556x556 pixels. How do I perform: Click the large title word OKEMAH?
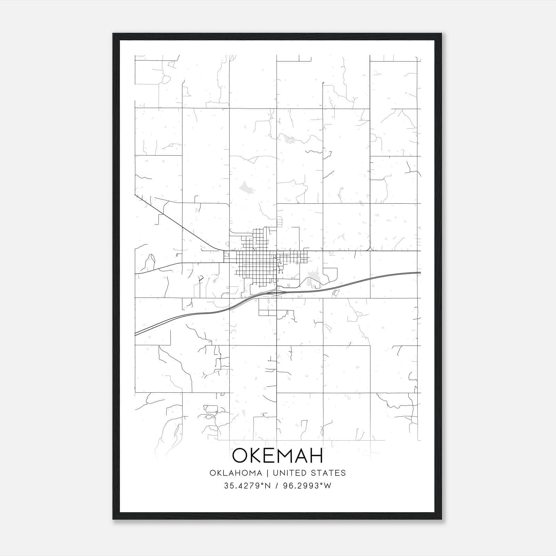[277, 456]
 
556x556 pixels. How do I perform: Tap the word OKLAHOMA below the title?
[236, 473]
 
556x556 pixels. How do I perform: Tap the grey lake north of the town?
[246, 187]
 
